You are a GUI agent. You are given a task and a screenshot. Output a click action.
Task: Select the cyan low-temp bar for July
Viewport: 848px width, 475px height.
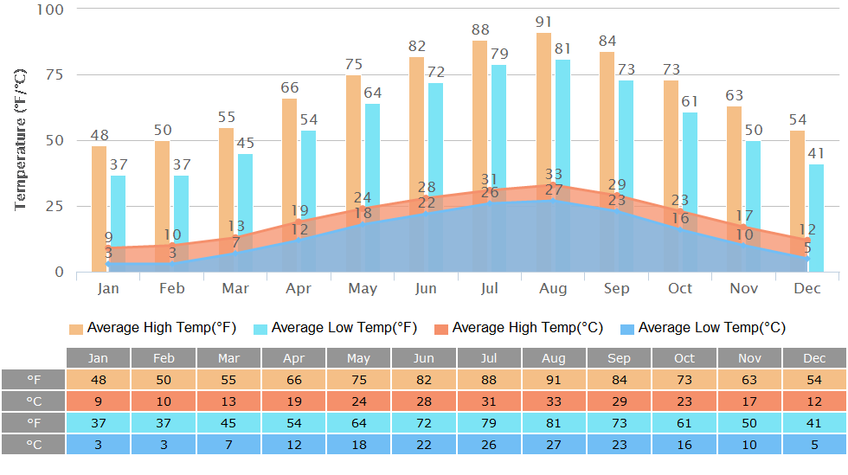coord(499,130)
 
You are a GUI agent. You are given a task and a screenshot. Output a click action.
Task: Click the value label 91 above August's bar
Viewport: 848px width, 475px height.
coord(543,22)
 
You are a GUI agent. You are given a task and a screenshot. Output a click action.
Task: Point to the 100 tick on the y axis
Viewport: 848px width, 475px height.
coord(50,9)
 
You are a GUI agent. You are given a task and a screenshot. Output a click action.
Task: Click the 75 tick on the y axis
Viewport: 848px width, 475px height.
coord(54,74)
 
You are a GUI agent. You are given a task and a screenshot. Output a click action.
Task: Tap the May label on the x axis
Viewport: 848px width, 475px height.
coord(362,288)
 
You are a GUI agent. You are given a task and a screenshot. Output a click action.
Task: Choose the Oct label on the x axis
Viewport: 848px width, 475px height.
coord(680,288)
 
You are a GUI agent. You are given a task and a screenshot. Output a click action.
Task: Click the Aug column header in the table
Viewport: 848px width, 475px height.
coord(554,358)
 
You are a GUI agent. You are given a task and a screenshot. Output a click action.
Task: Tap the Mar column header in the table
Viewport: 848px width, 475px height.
coord(228,358)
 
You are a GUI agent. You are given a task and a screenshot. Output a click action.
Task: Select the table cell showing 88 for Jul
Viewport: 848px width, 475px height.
coord(489,380)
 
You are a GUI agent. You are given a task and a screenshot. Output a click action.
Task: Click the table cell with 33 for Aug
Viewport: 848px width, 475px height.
coord(554,401)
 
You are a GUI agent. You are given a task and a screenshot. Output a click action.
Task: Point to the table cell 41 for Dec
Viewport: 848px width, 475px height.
coord(814,422)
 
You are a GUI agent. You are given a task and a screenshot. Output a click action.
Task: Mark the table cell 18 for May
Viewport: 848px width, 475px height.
coord(358,444)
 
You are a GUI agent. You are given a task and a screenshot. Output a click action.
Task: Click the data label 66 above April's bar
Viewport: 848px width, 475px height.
coord(290,87)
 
